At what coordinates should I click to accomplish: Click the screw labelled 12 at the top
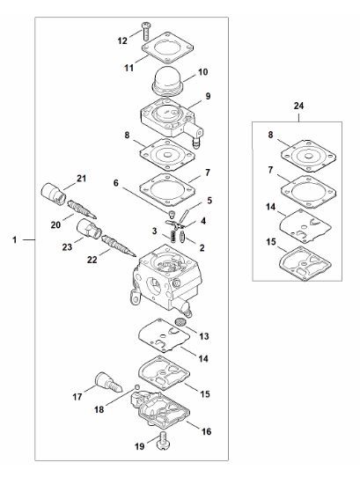pyautogui.click(x=146, y=31)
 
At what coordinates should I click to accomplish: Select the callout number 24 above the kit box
pyautogui.click(x=298, y=106)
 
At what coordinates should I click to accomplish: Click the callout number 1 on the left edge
pyautogui.click(x=14, y=240)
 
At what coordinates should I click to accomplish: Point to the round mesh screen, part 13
pyautogui.click(x=180, y=322)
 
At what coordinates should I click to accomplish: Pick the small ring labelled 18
pyautogui.click(x=136, y=387)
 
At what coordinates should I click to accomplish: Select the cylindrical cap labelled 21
pyautogui.click(x=54, y=194)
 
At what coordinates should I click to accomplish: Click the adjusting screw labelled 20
pyautogui.click(x=82, y=209)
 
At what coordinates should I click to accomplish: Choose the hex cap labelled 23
pyautogui.click(x=89, y=229)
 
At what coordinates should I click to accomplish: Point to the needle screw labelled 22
pyautogui.click(x=119, y=246)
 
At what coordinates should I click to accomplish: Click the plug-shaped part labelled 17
pyautogui.click(x=108, y=382)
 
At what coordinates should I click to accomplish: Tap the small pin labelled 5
pyautogui.click(x=184, y=216)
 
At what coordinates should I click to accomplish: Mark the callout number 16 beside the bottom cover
pyautogui.click(x=206, y=431)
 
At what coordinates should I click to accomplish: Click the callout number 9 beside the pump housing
pyautogui.click(x=208, y=96)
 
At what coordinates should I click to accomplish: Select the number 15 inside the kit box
pyautogui.click(x=270, y=242)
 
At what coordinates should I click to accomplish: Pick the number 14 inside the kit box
pyautogui.click(x=270, y=207)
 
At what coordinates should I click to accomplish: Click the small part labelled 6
pyautogui.click(x=172, y=214)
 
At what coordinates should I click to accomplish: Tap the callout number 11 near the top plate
pyautogui.click(x=129, y=68)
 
